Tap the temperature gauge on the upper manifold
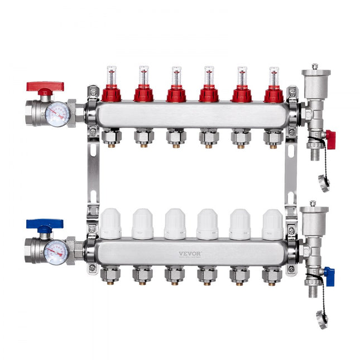[x=57, y=114]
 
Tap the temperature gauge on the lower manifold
[x=56, y=252]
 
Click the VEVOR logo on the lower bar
[x=190, y=253]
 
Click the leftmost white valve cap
[x=111, y=224]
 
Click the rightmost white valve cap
[x=272, y=224]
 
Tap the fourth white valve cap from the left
[x=208, y=224]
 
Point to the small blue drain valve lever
[x=329, y=276]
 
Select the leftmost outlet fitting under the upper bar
[x=112, y=136]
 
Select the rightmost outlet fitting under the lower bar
[x=272, y=275]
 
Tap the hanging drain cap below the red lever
[x=324, y=183]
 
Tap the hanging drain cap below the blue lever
[x=323, y=319]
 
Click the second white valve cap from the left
[x=143, y=224]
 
